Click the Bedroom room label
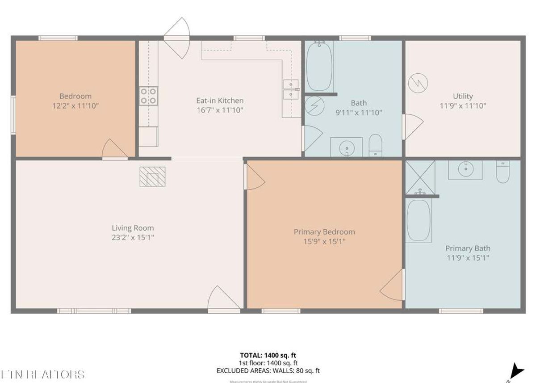click(75, 96)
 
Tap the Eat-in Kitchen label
click(220, 101)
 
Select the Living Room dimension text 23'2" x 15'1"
click(133, 238)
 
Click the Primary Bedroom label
click(324, 232)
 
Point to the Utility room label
click(463, 96)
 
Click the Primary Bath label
click(468, 248)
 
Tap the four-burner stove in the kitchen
click(148, 96)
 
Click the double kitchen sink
click(291, 89)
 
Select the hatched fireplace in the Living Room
click(152, 176)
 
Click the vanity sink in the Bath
click(346, 147)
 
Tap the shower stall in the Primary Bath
click(419, 177)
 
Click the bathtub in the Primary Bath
click(419, 220)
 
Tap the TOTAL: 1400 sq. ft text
click(268, 355)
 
